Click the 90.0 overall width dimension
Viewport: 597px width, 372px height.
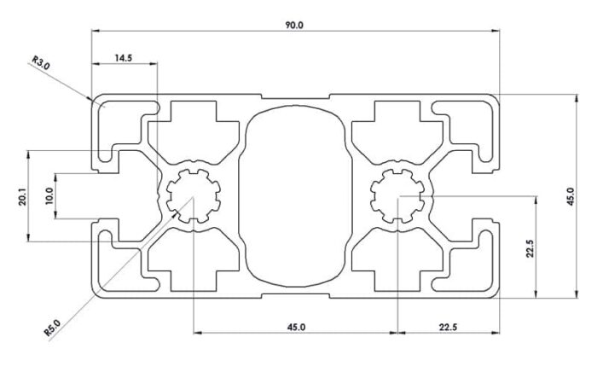(x=294, y=26)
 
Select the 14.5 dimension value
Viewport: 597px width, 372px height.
(x=123, y=57)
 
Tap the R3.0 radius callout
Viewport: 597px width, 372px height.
(x=42, y=62)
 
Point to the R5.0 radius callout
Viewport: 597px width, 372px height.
(x=51, y=327)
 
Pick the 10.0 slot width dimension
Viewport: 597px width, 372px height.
(x=49, y=197)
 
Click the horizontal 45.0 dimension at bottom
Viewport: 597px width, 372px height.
(x=296, y=326)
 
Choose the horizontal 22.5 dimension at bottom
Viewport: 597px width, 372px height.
(x=449, y=326)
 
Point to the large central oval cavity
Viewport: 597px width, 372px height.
(x=295, y=196)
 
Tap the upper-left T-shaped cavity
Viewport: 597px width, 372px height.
(x=198, y=128)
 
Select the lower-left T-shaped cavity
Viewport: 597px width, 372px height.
(x=198, y=261)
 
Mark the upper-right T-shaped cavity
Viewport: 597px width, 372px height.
(x=394, y=128)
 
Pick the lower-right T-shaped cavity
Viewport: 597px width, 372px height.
(x=394, y=261)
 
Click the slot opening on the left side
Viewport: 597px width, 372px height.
(x=102, y=197)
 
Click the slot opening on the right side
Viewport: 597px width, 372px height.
(x=490, y=197)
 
